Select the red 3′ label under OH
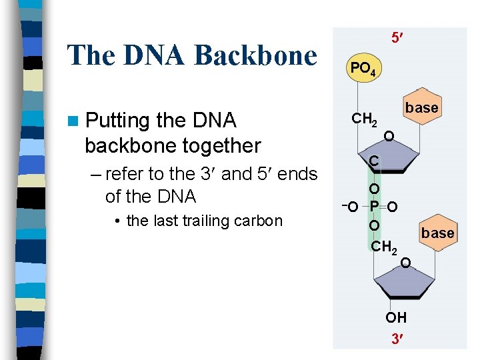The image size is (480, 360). point(396,338)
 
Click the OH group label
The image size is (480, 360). point(396,317)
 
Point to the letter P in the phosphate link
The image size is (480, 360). point(375,207)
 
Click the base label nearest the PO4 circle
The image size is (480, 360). point(422,107)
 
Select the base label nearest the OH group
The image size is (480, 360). point(438,233)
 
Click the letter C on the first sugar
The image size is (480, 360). point(375,161)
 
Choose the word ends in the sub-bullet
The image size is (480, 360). point(297,174)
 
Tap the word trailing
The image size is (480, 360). point(209,221)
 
